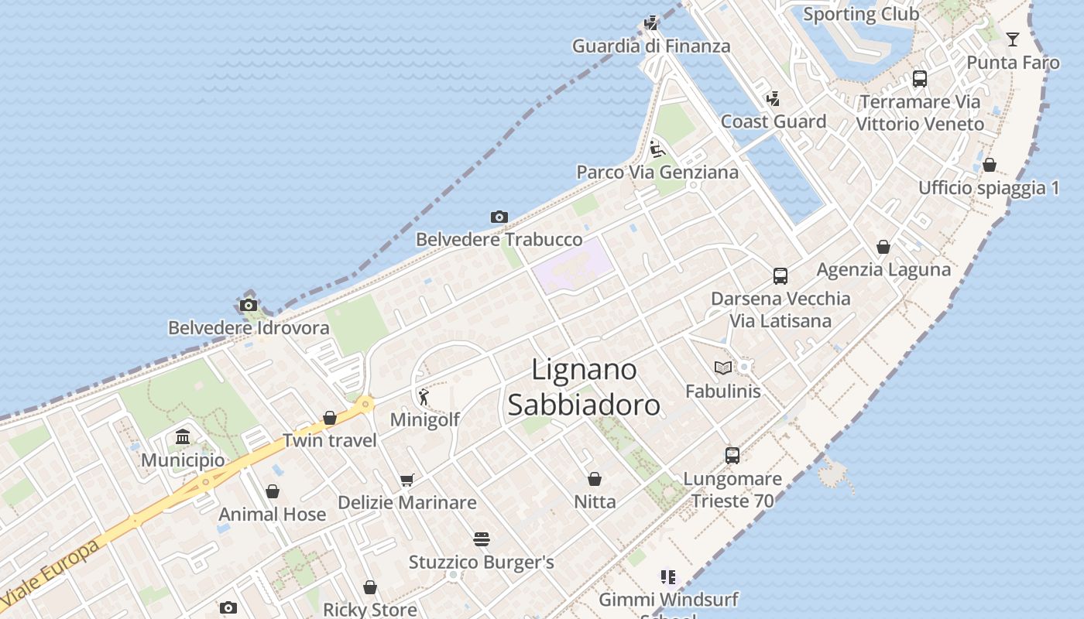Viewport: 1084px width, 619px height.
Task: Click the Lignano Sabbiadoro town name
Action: (x=584, y=387)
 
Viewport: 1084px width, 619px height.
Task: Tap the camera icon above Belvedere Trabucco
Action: (x=499, y=217)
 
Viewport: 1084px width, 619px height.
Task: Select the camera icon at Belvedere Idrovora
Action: (x=249, y=305)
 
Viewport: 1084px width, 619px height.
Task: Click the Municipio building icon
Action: (x=183, y=437)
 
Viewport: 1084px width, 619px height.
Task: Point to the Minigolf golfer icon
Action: (x=424, y=397)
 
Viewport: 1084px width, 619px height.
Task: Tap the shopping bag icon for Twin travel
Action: (x=330, y=418)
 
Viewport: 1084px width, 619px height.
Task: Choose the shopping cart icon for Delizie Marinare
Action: (x=407, y=480)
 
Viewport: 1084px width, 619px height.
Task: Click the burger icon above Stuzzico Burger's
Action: (x=482, y=539)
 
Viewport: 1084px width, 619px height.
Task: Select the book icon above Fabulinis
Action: (x=723, y=368)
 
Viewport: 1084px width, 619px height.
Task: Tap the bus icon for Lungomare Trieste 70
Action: (x=732, y=455)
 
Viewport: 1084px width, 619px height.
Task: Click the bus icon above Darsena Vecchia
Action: (x=780, y=275)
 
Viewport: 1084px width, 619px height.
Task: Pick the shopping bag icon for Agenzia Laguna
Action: (x=883, y=247)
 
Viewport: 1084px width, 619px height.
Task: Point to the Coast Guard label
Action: (x=774, y=121)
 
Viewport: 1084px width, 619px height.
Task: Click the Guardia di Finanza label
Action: (x=651, y=46)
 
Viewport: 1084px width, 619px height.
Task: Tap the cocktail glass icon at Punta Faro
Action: (x=1013, y=39)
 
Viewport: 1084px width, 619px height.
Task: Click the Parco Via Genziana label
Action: (x=657, y=172)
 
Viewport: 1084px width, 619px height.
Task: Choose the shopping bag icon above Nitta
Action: (x=595, y=479)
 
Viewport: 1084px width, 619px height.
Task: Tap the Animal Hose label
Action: (x=272, y=515)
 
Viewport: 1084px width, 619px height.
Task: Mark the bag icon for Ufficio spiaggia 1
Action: (x=990, y=165)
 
